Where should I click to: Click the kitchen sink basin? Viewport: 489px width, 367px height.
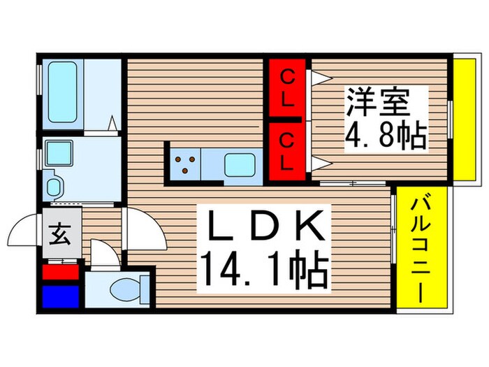click(x=240, y=165)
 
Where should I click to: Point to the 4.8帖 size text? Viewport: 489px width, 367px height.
click(x=386, y=136)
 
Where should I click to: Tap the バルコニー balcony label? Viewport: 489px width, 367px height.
click(x=419, y=248)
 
